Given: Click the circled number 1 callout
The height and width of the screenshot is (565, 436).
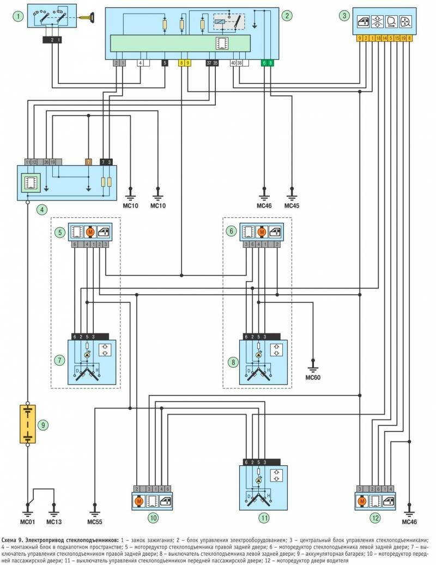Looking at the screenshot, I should coord(20,16).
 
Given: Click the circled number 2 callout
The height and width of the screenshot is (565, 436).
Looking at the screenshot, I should coord(286,15).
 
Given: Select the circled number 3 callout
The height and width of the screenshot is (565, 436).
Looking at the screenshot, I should coord(344,15).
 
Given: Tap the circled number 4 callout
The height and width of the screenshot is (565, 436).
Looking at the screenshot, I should coord(27,208).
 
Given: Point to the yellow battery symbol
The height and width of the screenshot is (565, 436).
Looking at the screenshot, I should coord(27,423).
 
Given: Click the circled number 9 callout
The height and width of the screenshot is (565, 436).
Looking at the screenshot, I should coord(46,424).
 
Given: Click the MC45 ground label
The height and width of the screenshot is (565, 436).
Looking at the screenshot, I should coord(292,206).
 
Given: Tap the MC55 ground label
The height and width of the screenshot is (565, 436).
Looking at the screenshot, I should coord(95,521).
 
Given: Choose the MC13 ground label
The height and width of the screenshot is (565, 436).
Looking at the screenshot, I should coord(54,521).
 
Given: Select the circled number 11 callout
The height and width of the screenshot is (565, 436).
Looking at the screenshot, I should coord(264,518).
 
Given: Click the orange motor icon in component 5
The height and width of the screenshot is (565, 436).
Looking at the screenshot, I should coord(89,232).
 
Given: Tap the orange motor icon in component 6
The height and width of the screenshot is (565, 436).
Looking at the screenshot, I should coord(262,232).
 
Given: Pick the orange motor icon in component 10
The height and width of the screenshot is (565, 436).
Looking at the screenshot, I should coord(139,501).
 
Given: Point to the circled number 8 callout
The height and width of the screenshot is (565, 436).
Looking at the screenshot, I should coord(233,360).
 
